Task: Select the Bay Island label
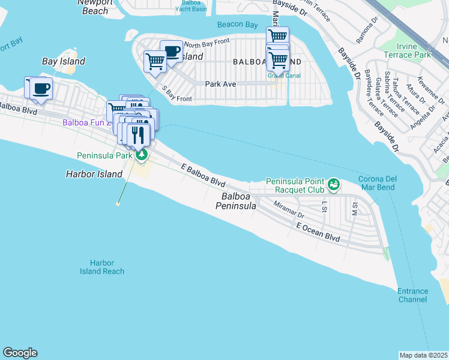64,61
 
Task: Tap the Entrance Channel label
412,295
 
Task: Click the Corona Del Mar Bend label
384,184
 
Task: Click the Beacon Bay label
238,25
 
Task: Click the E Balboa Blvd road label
204,174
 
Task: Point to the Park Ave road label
220,84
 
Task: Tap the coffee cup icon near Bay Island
41,88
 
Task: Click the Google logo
20,353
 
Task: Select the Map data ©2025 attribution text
423,355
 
